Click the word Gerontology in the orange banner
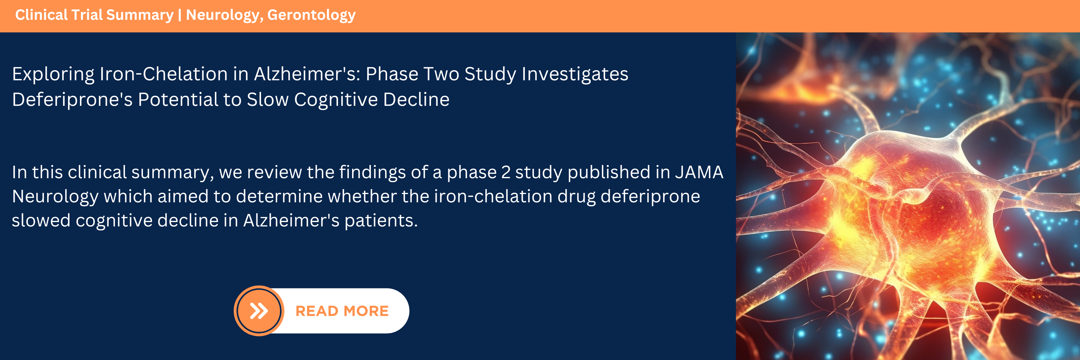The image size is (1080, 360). coord(311,15)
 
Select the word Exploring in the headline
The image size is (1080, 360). coord(53,75)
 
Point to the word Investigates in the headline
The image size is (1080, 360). coord(575,75)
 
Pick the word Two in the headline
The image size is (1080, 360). coord(441,74)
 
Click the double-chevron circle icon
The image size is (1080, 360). coord(259,311)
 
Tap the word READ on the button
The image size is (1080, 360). coord(316,311)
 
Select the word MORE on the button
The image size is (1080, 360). coord(366,311)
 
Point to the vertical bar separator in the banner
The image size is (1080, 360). coord(179,15)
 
